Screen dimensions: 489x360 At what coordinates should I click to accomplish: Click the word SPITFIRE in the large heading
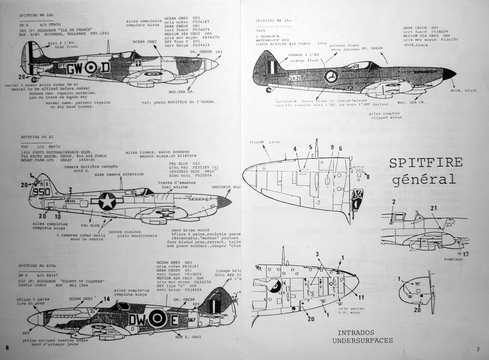click(425, 162)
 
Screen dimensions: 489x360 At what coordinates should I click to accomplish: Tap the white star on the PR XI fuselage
click(107, 201)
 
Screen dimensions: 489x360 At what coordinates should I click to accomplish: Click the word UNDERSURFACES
click(362, 340)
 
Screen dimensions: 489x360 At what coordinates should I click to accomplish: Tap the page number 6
click(7, 347)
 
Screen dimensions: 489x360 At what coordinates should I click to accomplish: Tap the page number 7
click(478, 349)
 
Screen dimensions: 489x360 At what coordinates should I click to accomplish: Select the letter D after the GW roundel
click(105, 67)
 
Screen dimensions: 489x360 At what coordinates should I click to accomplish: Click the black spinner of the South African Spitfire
click(448, 74)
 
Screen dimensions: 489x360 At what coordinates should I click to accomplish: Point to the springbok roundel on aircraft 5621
click(330, 76)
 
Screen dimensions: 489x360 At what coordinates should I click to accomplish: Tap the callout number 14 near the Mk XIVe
click(106, 299)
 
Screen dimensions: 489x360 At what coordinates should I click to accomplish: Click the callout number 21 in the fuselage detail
click(434, 208)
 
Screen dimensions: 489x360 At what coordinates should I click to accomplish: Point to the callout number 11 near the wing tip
click(361, 297)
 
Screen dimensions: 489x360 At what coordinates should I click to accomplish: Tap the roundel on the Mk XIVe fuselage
click(157, 318)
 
